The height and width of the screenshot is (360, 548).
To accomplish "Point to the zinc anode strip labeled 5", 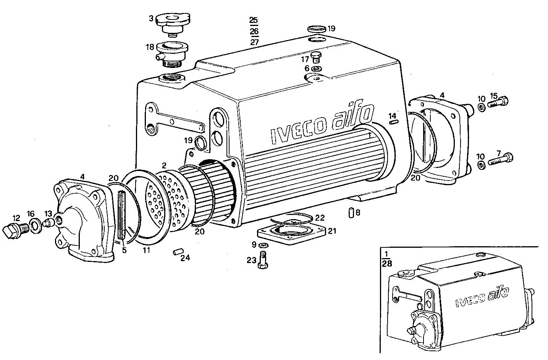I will point(122,215).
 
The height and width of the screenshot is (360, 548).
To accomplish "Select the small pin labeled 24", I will point(177,252).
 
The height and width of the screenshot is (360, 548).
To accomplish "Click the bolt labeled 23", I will point(263,260).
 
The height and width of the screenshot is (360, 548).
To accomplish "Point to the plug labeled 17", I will point(316,57).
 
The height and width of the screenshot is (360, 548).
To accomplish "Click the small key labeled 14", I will point(394,122).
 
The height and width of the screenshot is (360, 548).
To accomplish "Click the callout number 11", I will point(146,250).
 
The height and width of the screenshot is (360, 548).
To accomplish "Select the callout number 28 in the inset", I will point(386,264).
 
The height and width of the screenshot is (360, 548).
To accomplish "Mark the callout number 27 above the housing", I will point(254,42).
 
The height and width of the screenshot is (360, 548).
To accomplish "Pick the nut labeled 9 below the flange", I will point(263,245).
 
